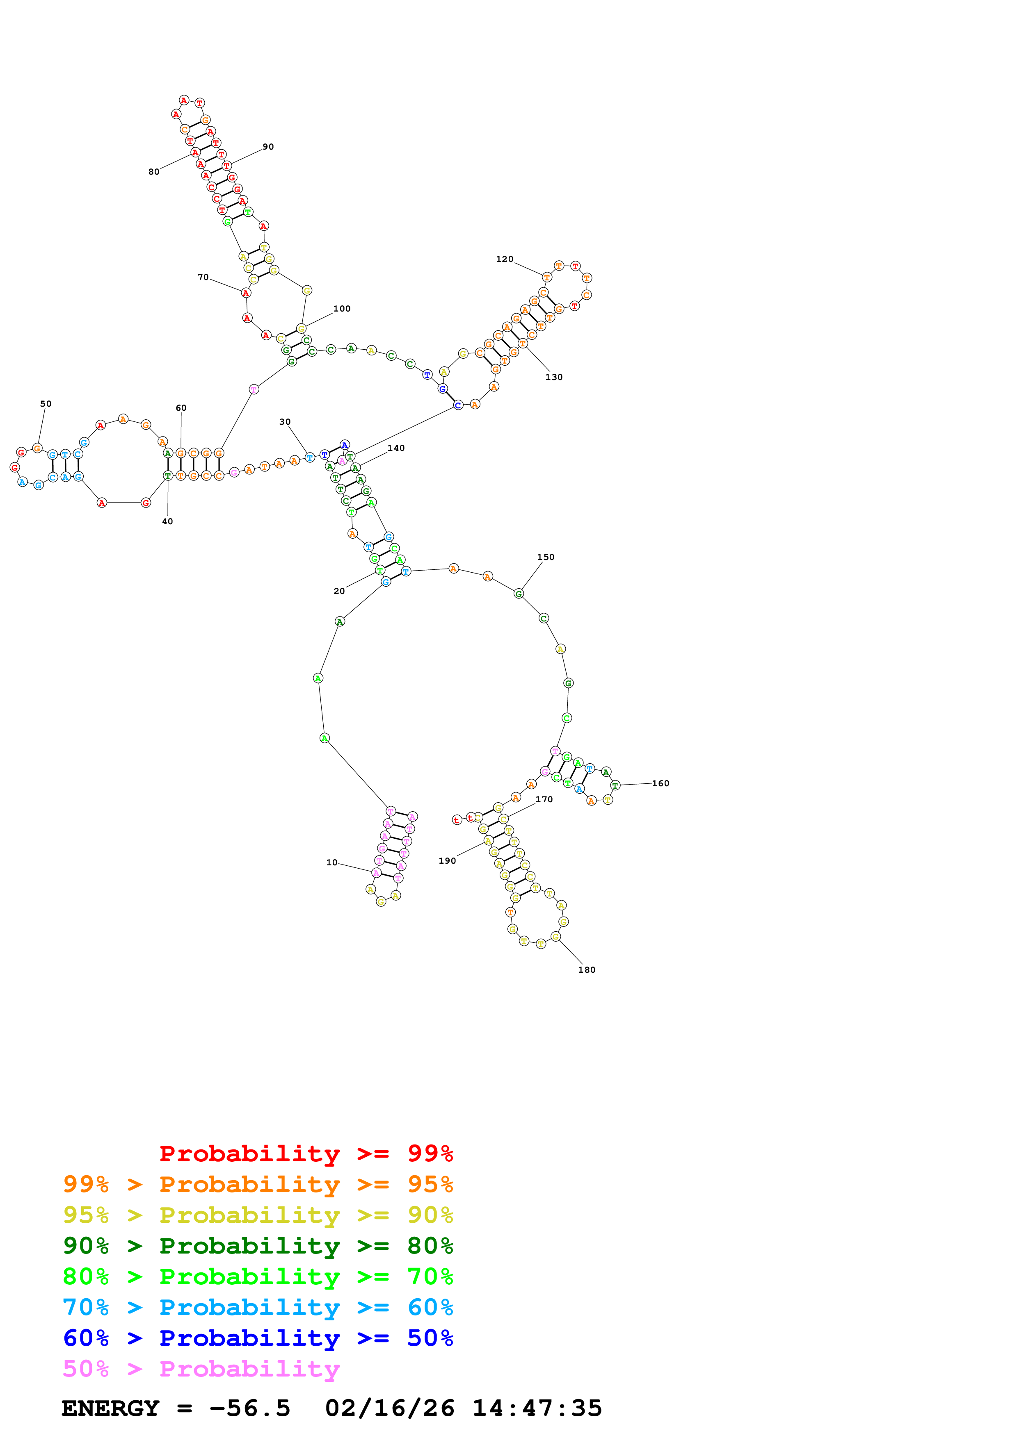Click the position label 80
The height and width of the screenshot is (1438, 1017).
point(153,172)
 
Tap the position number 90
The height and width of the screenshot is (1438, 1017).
point(268,147)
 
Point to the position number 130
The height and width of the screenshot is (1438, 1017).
point(554,377)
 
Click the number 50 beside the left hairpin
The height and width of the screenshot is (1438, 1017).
point(46,404)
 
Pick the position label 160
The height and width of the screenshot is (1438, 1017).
point(660,783)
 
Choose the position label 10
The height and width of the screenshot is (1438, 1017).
point(331,862)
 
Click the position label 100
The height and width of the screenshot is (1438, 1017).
point(341,309)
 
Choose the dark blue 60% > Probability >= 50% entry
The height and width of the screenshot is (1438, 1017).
point(258,1338)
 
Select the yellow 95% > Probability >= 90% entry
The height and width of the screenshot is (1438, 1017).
point(258,1215)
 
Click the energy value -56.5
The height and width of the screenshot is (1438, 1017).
point(250,1408)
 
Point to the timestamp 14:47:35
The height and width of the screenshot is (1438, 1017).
point(537,1408)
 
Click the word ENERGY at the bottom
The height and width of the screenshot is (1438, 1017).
point(110,1408)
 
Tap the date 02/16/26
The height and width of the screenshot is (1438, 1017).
point(389,1408)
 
